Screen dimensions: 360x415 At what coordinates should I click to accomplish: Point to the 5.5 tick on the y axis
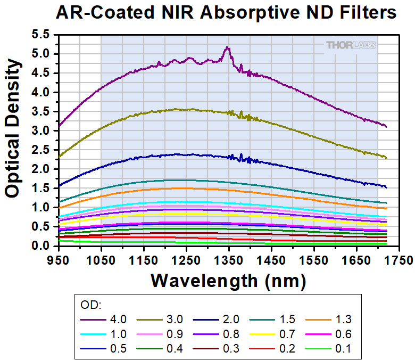(x=40, y=35)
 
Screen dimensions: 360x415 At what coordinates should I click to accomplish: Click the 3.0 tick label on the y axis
(x=40, y=130)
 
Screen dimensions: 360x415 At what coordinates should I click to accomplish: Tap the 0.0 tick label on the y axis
(x=40, y=246)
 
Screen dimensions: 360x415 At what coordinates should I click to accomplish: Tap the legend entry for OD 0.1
(x=329, y=349)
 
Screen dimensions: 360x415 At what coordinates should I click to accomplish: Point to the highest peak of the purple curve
(x=228, y=47)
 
